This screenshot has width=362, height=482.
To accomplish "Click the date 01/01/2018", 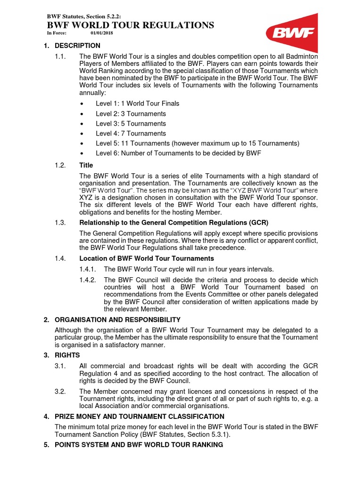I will click(102, 33).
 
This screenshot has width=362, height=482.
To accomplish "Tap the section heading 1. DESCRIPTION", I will click(72, 46).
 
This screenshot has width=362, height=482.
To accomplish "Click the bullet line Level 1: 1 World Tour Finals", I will click(137, 104).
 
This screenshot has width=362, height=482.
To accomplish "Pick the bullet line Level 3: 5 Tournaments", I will click(131, 123).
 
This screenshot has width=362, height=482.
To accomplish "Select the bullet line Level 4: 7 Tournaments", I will click(131, 133).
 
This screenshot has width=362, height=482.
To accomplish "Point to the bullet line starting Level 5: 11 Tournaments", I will click(197, 143).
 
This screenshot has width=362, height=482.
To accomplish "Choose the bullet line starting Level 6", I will click(178, 153).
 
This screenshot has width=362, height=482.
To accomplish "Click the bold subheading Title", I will click(86, 165).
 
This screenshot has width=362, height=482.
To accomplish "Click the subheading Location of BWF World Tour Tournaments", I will click(147, 258).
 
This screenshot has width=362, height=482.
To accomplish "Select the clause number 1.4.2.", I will click(87, 279).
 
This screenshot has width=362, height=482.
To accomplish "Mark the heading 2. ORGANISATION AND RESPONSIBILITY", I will click(112, 320).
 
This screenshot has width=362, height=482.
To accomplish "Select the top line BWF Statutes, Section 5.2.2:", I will click(87, 17).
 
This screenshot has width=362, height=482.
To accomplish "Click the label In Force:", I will click(57, 33).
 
